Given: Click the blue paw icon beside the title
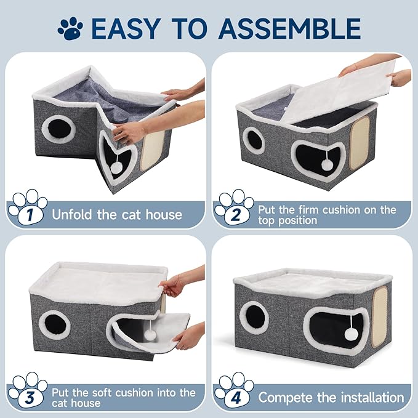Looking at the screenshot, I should point(70,28).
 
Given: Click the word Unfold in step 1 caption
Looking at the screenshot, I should point(72,214).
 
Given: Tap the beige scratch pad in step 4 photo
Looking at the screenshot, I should point(380,311).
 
